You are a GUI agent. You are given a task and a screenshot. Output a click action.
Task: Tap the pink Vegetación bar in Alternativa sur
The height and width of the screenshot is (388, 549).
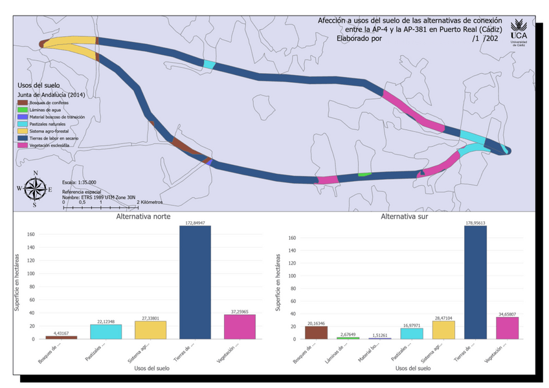pyautogui.click(x=507, y=328)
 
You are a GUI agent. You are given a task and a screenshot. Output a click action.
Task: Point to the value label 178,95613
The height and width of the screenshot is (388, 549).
pyautogui.click(x=475, y=222)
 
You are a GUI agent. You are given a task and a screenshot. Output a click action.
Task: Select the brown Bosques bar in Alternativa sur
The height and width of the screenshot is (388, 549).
pyautogui.click(x=316, y=332)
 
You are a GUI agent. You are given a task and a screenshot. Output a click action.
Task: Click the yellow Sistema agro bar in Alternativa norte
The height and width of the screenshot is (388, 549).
pyautogui.click(x=151, y=330)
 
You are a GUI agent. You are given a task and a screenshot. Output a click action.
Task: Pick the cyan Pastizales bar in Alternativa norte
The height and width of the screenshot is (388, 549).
pyautogui.click(x=106, y=332)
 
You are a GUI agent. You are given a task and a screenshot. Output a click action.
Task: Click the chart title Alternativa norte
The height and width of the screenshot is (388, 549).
pyautogui.click(x=143, y=217)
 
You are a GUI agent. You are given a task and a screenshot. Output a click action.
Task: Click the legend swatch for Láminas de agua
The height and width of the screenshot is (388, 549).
pyautogui.click(x=23, y=109)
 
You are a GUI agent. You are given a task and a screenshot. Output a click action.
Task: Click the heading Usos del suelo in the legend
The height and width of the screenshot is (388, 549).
pyautogui.click(x=39, y=85)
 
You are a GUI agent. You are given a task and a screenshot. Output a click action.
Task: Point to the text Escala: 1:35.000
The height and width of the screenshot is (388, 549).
pyautogui.click(x=80, y=183)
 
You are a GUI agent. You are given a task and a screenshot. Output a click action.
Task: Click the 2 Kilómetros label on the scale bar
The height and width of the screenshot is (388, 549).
pyautogui.click(x=150, y=202)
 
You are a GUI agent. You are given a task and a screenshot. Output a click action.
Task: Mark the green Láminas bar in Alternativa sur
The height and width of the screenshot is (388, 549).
pyautogui.click(x=348, y=338)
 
